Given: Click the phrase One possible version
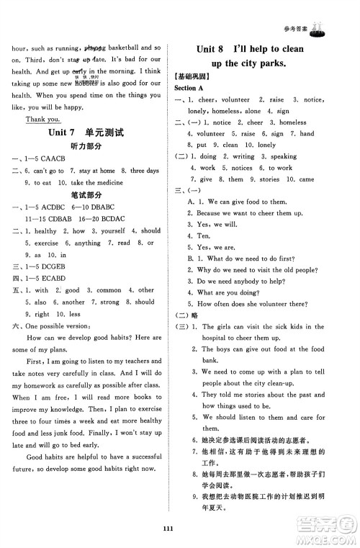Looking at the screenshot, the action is coord(58,325).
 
